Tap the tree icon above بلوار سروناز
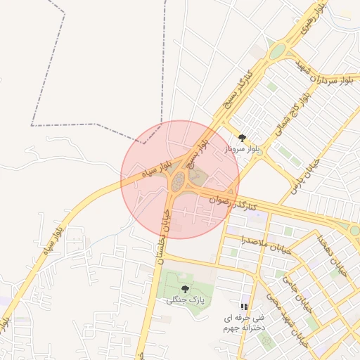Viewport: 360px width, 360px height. point(243,139)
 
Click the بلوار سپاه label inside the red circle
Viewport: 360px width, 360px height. point(157,168)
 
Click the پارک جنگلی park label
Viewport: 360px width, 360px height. point(185,300)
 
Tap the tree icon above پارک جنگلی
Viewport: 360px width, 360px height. point(185,289)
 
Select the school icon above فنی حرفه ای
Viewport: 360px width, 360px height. point(244,307)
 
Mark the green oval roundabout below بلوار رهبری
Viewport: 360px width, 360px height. point(278,51)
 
